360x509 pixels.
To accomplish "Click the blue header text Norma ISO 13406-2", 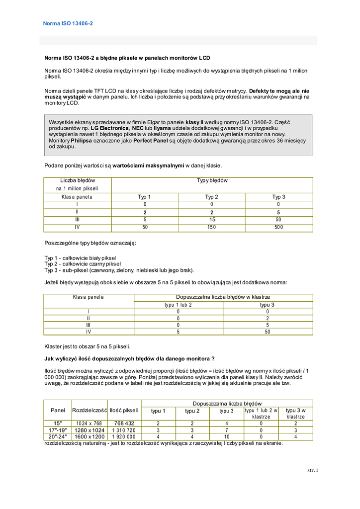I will (x=68, y=23).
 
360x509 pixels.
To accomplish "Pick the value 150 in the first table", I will (x=212, y=227).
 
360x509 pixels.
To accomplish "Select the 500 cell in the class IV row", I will (x=278, y=227).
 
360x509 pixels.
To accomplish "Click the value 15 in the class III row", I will (x=212, y=219).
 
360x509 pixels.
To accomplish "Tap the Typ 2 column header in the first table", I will (x=212, y=197).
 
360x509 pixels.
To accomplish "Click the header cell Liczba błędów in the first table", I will (x=78, y=180).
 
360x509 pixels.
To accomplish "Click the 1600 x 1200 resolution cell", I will (x=90, y=436).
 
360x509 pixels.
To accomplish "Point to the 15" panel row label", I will (x=58, y=423).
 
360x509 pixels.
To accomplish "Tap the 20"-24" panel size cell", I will (x=58, y=436).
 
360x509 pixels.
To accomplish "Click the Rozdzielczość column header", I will (x=90, y=410).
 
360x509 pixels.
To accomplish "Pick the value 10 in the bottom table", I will (x=226, y=436).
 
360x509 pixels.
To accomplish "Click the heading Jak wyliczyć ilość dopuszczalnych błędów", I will (x=129, y=358).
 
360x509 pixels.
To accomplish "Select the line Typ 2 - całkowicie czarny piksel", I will (x=83, y=264).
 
